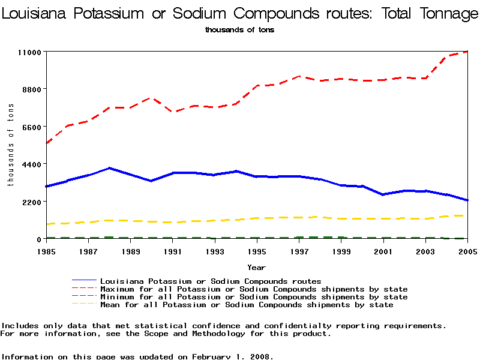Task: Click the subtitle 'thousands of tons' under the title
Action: tap(239, 29)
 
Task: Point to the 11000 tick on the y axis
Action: tap(29, 52)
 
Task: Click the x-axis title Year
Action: tap(257, 267)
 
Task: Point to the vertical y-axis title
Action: tap(10, 145)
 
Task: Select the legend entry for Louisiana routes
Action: tap(210, 281)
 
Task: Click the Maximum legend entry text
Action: tap(253, 289)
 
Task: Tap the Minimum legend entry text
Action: tap(253, 297)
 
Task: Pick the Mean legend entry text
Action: tap(246, 305)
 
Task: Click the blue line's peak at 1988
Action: tap(109, 168)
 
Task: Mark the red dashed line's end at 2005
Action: tap(467, 52)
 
